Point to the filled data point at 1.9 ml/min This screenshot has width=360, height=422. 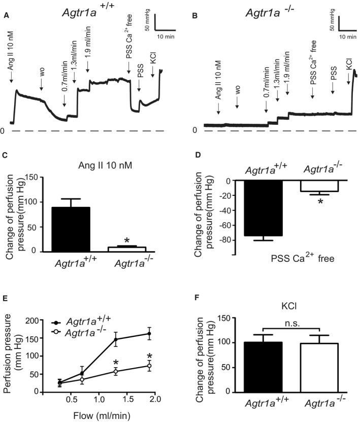click(x=149, y=333)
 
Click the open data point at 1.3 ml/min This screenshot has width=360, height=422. click(x=116, y=371)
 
